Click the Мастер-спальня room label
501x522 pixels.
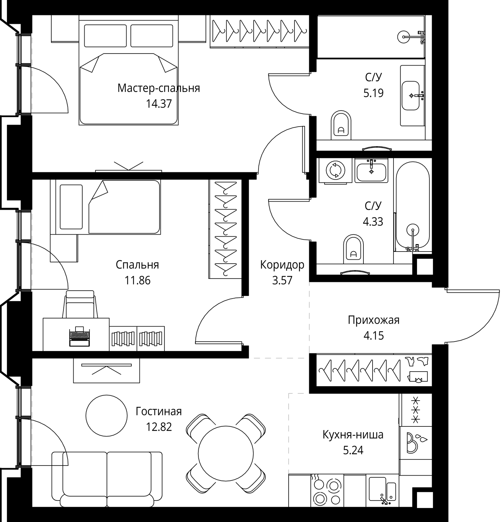159,88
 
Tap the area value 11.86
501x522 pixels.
138,280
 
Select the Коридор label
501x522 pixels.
282,265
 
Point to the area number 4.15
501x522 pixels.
374,335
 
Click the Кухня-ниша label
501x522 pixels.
353,435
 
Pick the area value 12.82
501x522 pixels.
159,427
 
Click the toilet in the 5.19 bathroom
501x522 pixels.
341,125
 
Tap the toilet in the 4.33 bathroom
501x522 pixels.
354,249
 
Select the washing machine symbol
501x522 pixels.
336,170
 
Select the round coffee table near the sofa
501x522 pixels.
106,415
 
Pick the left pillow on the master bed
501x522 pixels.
105,36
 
